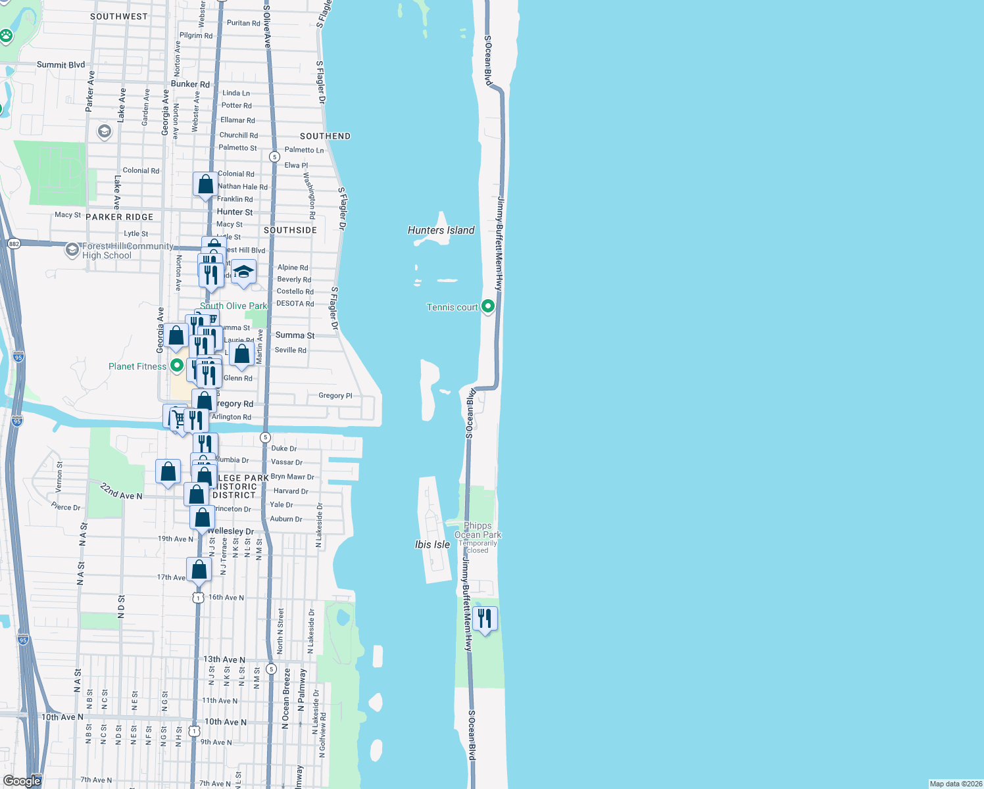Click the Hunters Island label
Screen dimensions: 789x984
tap(441, 230)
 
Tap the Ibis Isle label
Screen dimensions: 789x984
tap(432, 544)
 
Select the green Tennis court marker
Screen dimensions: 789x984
tap(488, 306)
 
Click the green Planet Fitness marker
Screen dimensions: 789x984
tap(176, 365)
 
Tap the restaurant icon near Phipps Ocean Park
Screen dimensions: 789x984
tap(485, 619)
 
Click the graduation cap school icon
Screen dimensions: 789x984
tap(243, 272)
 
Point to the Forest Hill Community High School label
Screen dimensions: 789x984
tap(127, 251)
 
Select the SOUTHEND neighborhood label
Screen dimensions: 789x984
tap(325, 136)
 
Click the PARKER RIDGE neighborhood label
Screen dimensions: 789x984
tap(119, 217)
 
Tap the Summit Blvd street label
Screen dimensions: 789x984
tap(61, 64)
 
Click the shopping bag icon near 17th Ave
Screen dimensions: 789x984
tap(199, 569)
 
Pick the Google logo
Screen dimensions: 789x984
tap(22, 780)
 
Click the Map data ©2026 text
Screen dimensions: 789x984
tap(955, 784)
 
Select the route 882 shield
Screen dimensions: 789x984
tap(14, 243)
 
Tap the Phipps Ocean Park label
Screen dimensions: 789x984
tap(478, 531)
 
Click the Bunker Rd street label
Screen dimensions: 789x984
tap(190, 84)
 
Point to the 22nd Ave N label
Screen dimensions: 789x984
tap(121, 491)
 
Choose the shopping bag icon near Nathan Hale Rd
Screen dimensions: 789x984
tap(205, 183)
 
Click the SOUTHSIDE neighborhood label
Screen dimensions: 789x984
tap(290, 230)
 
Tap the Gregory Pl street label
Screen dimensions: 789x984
tap(335, 395)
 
